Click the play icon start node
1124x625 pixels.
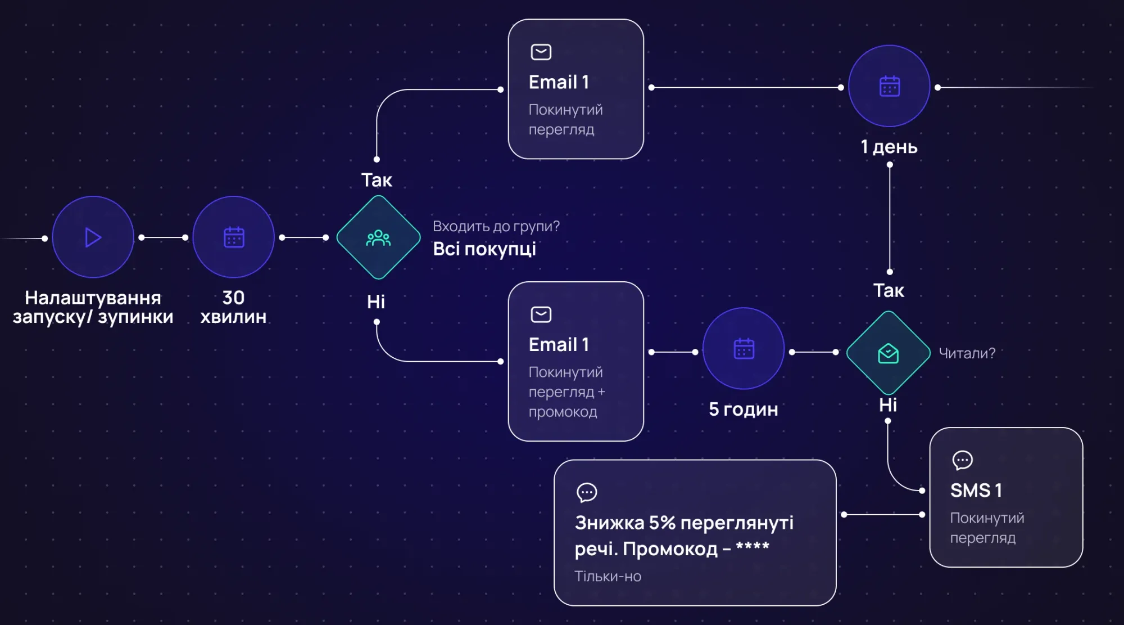tap(93, 237)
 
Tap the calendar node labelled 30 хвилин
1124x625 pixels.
tap(234, 237)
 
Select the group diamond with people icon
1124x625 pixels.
tap(378, 237)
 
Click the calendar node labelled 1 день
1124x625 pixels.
tap(889, 87)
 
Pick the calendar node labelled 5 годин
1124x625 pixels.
tap(744, 349)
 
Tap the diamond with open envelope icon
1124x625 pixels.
tap(888, 353)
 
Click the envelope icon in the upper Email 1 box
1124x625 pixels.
tap(541, 52)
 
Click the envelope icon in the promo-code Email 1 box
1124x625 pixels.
tap(541, 314)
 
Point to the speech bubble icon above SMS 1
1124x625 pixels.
tap(962, 460)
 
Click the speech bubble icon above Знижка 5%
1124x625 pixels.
tap(587, 492)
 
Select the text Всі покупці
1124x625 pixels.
tap(484, 249)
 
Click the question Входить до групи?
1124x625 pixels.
tap(496, 226)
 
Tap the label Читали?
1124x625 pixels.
tap(967, 353)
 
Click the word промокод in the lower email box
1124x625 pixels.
tap(563, 412)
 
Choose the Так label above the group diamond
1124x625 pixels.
tap(377, 180)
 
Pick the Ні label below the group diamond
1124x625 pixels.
tap(376, 302)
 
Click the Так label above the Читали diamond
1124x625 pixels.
tap(889, 291)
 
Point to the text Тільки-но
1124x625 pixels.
tap(608, 576)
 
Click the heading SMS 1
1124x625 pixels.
tap(976, 491)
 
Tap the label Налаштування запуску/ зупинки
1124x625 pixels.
tap(93, 307)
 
